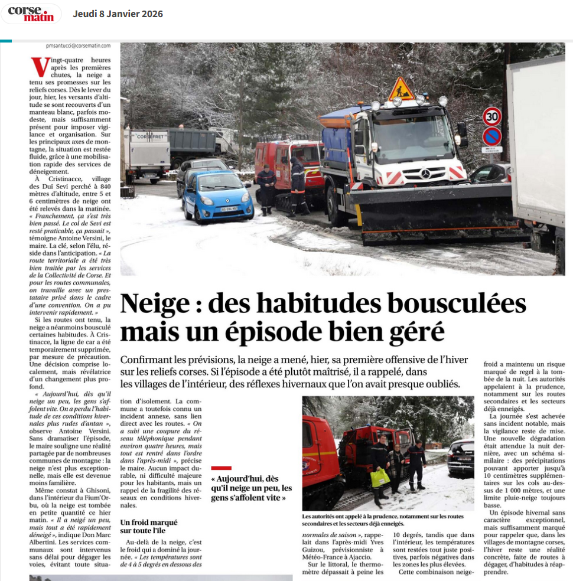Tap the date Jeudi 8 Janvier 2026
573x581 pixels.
pyautogui.click(x=118, y=14)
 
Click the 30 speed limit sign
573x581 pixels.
pyautogui.click(x=491, y=116)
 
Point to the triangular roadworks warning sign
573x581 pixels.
pyautogui.click(x=401, y=90)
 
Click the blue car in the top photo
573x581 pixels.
pyautogui.click(x=217, y=197)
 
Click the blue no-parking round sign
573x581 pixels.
pyautogui.click(x=491, y=137)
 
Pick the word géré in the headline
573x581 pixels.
pyautogui.click(x=418, y=332)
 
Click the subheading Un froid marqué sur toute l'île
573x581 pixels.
pyautogui.click(x=148, y=526)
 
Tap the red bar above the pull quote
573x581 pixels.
pyautogui.click(x=221, y=468)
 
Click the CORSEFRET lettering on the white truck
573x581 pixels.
pyautogui.click(x=148, y=136)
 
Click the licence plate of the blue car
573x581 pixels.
pyautogui.click(x=229, y=208)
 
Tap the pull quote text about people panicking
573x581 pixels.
pyautogui.click(x=252, y=488)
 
